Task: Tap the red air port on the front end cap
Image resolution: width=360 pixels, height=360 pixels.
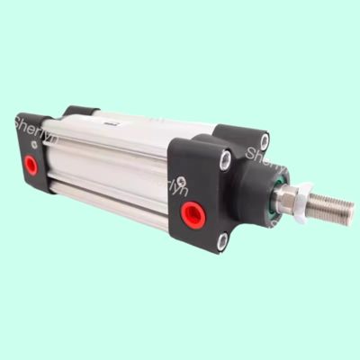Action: [x=192, y=213]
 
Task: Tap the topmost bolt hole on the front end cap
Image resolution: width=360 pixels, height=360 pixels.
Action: [x=263, y=140]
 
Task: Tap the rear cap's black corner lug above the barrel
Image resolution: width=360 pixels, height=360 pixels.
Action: [x=81, y=112]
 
